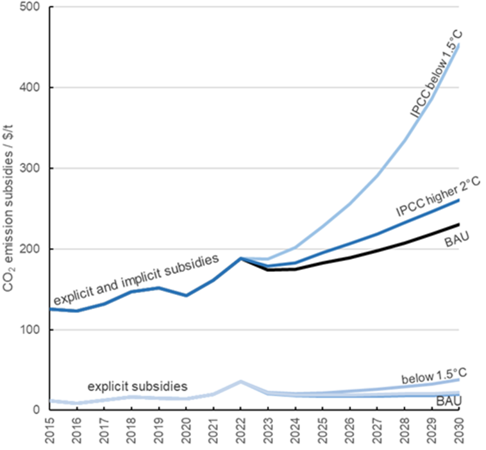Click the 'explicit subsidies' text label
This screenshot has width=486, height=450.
[137, 387]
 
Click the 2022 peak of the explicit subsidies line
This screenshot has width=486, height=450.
[240, 381]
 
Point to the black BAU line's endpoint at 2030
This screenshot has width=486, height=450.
[457, 224]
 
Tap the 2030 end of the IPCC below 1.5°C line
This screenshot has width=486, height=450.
[457, 45]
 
